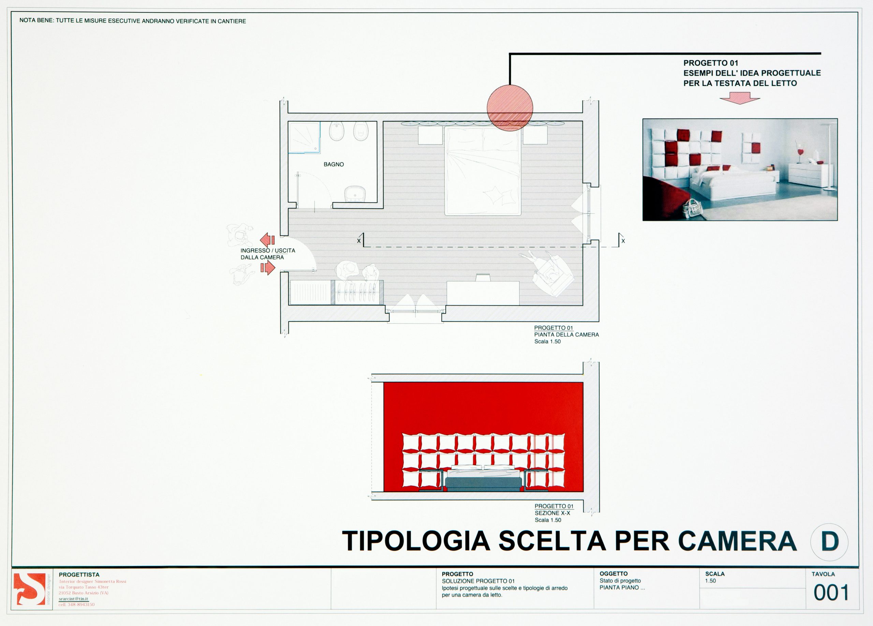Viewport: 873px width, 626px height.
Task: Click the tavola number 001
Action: coord(831,593)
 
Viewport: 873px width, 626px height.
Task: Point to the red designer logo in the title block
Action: coord(29,589)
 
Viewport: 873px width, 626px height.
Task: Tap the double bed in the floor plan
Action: coord(483,171)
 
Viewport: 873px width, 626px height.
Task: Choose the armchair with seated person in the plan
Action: coord(548,274)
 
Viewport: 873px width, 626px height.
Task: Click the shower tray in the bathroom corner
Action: coord(305,137)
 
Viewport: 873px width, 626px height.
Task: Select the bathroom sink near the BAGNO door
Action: coord(355,194)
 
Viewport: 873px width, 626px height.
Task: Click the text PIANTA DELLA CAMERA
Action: coord(566,335)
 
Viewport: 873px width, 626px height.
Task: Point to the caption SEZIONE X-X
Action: coord(552,513)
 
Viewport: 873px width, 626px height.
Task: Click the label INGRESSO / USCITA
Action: coord(267,250)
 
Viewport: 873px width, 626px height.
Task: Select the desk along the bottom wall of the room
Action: coord(483,293)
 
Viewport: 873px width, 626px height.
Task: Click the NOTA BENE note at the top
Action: coord(132,21)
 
